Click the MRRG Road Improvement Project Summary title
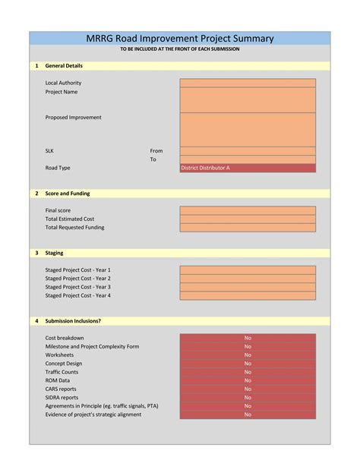coord(180,39)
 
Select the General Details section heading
coord(64,66)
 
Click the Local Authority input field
coord(248,83)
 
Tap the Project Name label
coord(62,92)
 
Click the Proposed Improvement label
coord(73,118)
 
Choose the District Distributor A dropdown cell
coord(248,168)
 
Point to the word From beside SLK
coord(156,151)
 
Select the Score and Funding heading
coord(68,194)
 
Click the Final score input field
coord(248,210)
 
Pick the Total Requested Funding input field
coord(248,227)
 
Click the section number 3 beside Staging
coord(36,253)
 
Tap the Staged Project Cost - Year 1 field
coord(248,270)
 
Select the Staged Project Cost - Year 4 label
coord(77,295)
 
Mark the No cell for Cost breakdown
coord(248,338)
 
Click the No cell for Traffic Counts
coord(248,372)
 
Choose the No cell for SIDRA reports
coord(248,397)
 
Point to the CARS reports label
coord(61,389)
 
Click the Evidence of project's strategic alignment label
coord(93,415)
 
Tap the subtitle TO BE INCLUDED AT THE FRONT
coord(180,49)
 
